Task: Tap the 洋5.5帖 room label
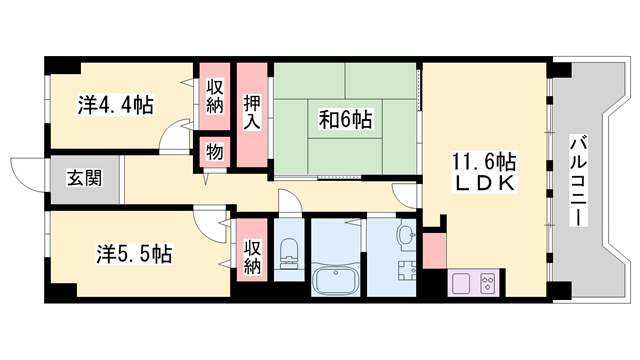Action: (134, 253)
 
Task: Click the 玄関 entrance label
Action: (84, 180)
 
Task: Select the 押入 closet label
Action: (253, 111)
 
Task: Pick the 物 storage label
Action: (215, 151)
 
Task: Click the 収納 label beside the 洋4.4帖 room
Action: (215, 97)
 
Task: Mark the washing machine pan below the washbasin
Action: (405, 272)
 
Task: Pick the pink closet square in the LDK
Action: (434, 250)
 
